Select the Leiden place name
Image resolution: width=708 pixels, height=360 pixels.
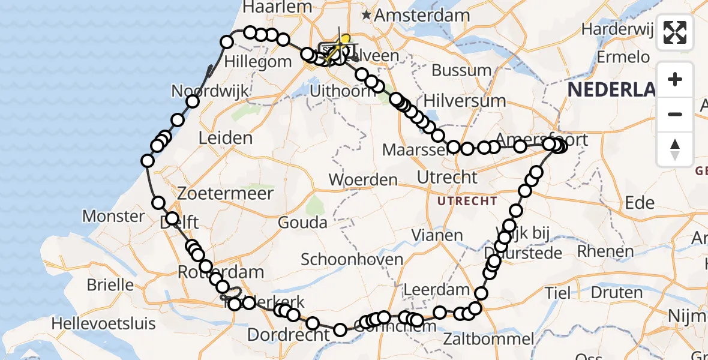tap(225, 139)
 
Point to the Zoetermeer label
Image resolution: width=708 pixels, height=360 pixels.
tap(225, 194)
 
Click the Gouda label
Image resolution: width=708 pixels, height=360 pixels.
tap(302, 223)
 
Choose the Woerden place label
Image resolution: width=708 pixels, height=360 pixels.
tap(363, 179)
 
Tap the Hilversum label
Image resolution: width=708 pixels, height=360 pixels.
tap(464, 100)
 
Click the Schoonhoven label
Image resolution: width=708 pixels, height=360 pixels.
tap(352, 259)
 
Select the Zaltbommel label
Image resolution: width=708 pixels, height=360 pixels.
tap(488, 339)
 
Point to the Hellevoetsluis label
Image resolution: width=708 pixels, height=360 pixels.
tap(103, 324)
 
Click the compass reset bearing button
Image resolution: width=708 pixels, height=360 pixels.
tap(675, 149)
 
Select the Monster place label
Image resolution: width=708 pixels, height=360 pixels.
tap(113, 216)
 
